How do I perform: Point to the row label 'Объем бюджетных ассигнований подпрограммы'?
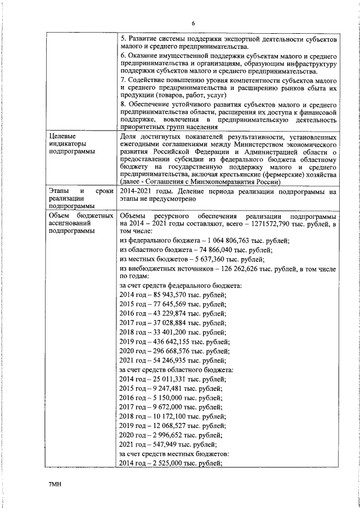(x=78, y=223)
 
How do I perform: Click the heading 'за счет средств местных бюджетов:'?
(x=174, y=453)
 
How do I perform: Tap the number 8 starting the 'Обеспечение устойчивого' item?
(x=123, y=104)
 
